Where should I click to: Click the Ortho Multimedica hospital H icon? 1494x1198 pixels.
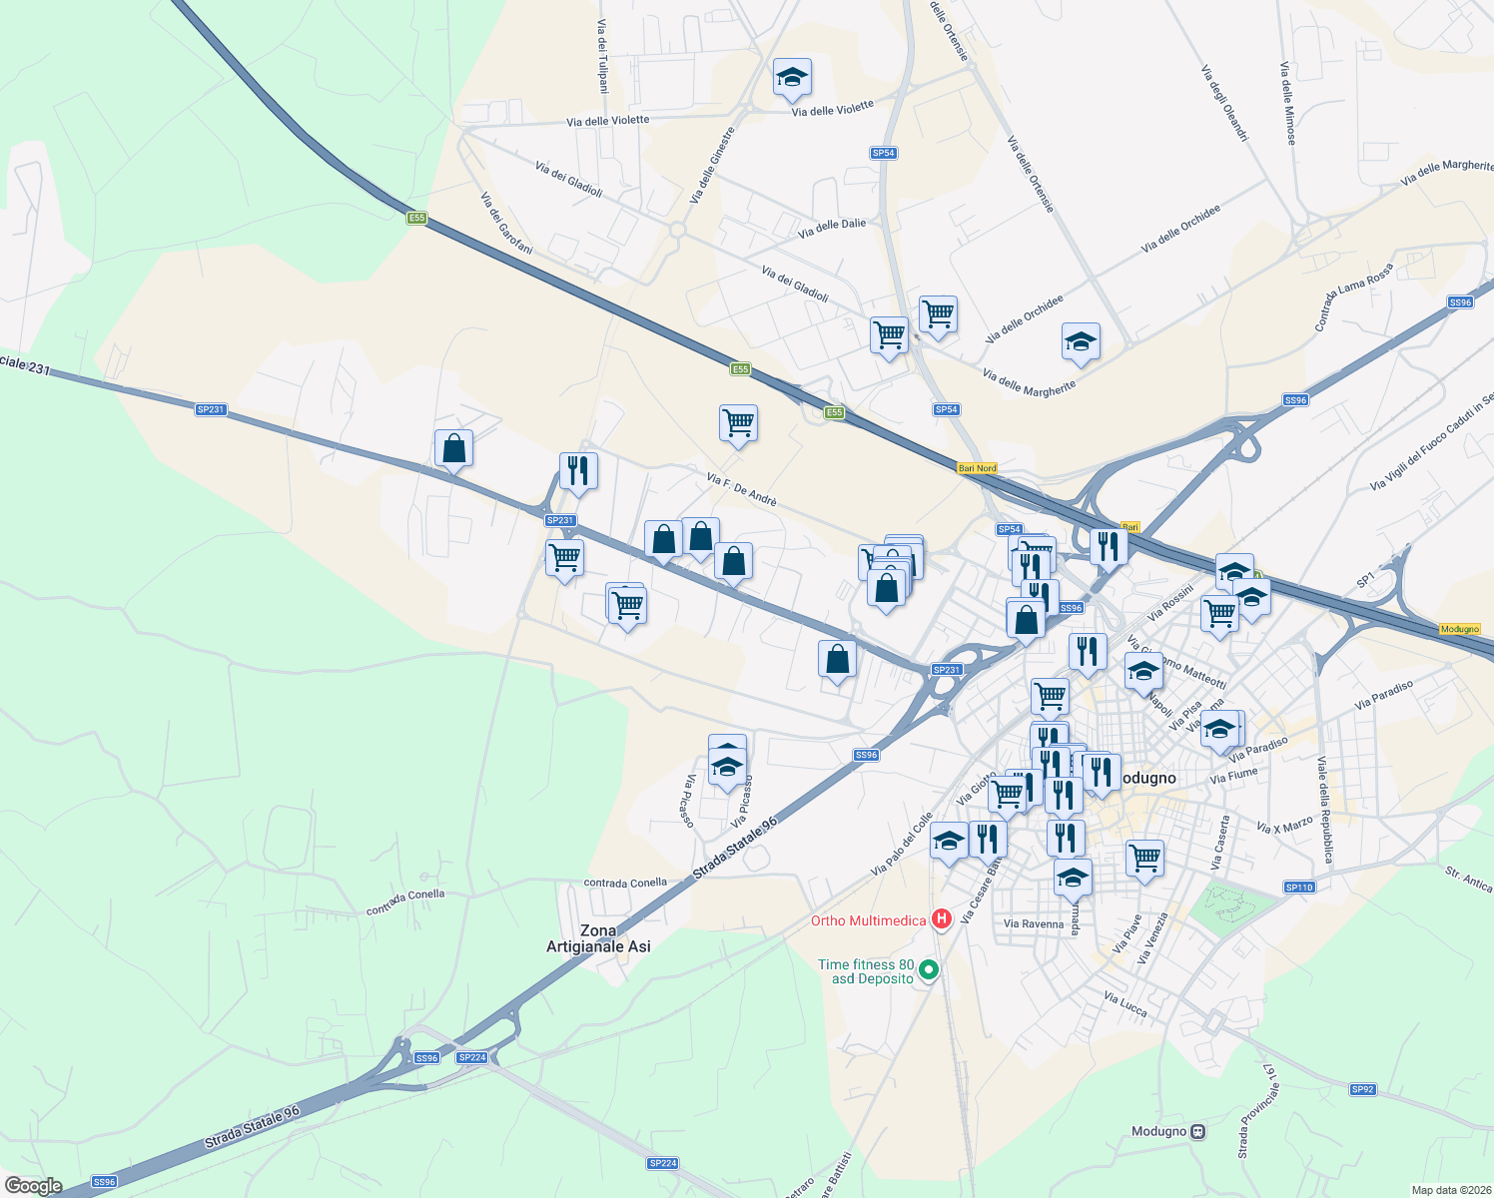[x=941, y=919]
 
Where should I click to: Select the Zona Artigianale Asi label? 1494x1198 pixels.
[x=598, y=938]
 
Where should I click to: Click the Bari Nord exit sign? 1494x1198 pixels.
[x=977, y=468]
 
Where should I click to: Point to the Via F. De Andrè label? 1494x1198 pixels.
[x=741, y=489]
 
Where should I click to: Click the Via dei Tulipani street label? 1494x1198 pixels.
[x=602, y=56]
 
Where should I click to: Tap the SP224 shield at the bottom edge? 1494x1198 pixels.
[x=663, y=1163]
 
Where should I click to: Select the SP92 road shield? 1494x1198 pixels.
[x=1363, y=1089]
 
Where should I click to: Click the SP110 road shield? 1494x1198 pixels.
[x=1299, y=888]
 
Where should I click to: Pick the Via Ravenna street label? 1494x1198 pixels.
[x=1034, y=923]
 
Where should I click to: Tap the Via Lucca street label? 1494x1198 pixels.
[x=1125, y=1004]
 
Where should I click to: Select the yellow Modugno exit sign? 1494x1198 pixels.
[x=1460, y=629]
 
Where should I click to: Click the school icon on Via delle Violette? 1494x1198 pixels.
[x=792, y=78]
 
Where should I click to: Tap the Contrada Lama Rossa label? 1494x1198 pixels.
[x=1352, y=297]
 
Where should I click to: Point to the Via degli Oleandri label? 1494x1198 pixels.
[x=1223, y=103]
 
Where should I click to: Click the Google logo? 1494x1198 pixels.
[x=33, y=1186]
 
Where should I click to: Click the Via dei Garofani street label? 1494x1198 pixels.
[x=506, y=224]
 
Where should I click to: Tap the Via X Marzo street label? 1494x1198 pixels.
[x=1285, y=827]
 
